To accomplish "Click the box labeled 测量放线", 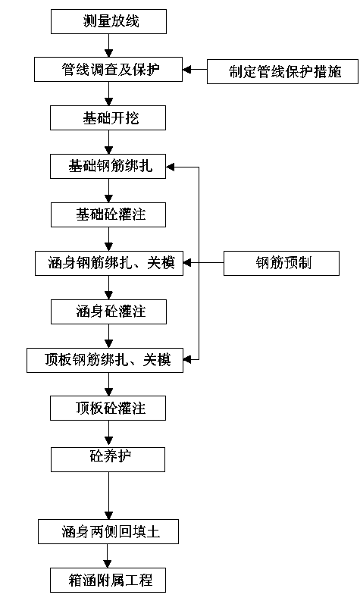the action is pyautogui.click(x=108, y=21).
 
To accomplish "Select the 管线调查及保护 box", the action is pyautogui.click(x=108, y=70).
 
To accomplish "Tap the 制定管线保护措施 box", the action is pyautogui.click(x=283, y=72).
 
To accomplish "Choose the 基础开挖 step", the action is pyautogui.click(x=108, y=118).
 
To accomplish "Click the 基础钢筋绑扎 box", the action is pyautogui.click(x=108, y=166).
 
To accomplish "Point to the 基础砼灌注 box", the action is pyautogui.click(x=108, y=214).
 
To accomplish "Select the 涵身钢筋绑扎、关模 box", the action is pyautogui.click(x=109, y=263).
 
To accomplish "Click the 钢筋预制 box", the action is pyautogui.click(x=281, y=263).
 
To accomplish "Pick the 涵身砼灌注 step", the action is pyautogui.click(x=108, y=311).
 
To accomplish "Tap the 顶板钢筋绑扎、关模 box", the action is pyautogui.click(x=105, y=360).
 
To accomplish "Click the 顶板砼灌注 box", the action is pyautogui.click(x=108, y=408).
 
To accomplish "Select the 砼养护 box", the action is pyautogui.click(x=108, y=459).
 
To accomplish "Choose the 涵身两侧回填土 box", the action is pyautogui.click(x=108, y=531).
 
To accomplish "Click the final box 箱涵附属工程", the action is pyautogui.click(x=108, y=581).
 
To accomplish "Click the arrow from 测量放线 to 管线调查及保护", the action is pyautogui.click(x=108, y=45).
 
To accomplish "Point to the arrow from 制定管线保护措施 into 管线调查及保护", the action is pyautogui.click(x=195, y=70).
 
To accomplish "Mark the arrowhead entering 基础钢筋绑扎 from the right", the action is pyautogui.click(x=171, y=167).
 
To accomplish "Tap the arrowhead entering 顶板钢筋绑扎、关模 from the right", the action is pyautogui.click(x=187, y=359).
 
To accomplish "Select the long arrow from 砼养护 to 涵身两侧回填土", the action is pyautogui.click(x=108, y=496).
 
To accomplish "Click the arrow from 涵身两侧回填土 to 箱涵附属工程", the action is pyautogui.click(x=108, y=556).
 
